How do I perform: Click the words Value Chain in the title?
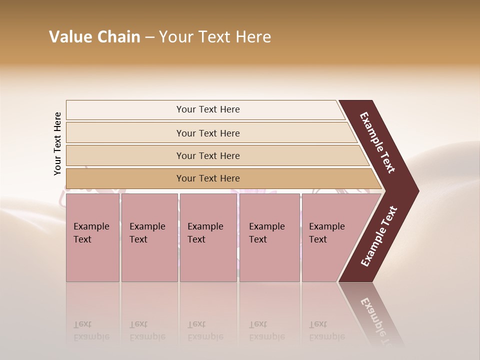(x=94, y=37)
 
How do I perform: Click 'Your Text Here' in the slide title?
(x=215, y=37)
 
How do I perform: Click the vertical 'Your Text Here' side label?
(x=57, y=144)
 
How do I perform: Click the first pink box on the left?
(x=92, y=237)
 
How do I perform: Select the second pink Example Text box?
(x=149, y=237)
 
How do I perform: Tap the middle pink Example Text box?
(x=208, y=237)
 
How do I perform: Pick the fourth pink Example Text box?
(x=269, y=237)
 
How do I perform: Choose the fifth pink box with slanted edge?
(x=330, y=237)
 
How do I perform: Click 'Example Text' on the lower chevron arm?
(x=379, y=236)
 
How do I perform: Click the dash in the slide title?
(x=149, y=37)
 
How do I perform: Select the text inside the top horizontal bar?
(x=208, y=109)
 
